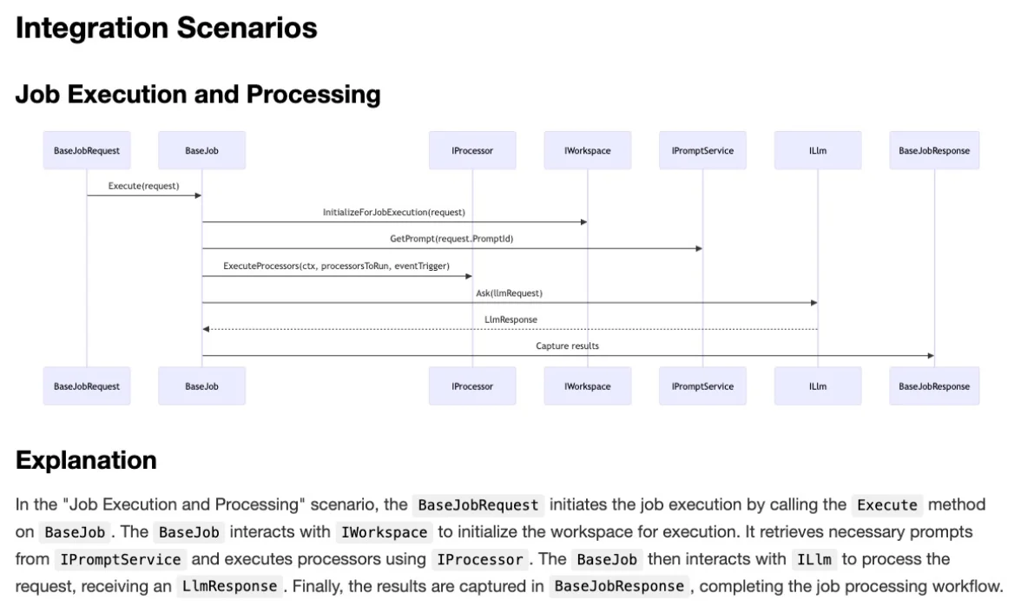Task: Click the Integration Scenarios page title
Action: [x=166, y=29]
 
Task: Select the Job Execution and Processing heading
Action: [x=198, y=94]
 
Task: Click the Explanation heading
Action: [x=86, y=460]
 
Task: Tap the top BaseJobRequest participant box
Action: [x=87, y=150]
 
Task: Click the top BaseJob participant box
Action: [x=201, y=150]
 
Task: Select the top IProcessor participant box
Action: [x=472, y=150]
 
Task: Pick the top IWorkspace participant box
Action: [x=587, y=150]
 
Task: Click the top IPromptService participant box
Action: [x=702, y=150]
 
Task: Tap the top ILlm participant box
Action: [x=817, y=150]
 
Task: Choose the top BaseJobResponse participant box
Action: [x=934, y=150]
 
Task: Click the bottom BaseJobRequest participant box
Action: [x=87, y=386]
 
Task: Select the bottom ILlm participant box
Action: [x=817, y=386]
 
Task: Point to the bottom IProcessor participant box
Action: [x=472, y=386]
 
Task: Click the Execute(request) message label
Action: [x=143, y=186]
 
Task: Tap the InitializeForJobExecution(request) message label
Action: [x=394, y=212]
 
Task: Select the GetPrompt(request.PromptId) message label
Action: [x=451, y=239]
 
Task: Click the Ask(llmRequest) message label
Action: [x=509, y=293]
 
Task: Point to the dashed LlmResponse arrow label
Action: [x=510, y=320]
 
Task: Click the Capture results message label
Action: [x=567, y=346]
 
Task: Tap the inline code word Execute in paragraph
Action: [x=887, y=505]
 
